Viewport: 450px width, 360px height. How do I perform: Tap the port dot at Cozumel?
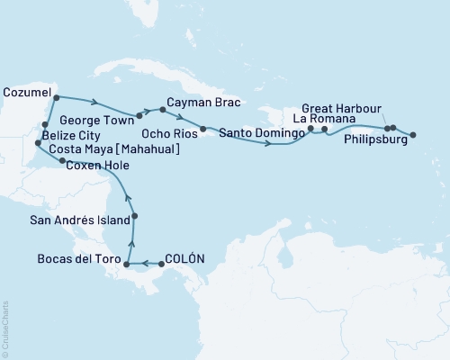click(x=56, y=97)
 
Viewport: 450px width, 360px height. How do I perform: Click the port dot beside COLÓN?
click(x=161, y=264)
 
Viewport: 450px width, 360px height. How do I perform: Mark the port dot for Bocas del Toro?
click(x=127, y=264)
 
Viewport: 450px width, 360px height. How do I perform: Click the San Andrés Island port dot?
click(x=133, y=215)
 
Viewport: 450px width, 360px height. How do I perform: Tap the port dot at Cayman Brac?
click(x=162, y=110)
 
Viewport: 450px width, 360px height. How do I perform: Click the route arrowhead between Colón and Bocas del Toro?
click(x=144, y=264)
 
